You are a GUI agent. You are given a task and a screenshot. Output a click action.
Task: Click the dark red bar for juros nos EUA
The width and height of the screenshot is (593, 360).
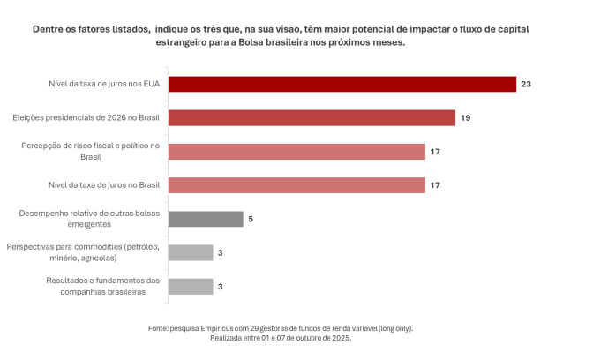pyautogui.click(x=341, y=84)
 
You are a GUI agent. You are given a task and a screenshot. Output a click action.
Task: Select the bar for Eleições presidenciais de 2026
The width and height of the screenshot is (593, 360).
pyautogui.click(x=311, y=117)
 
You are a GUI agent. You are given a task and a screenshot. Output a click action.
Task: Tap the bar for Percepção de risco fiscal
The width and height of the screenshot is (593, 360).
pyautogui.click(x=296, y=152)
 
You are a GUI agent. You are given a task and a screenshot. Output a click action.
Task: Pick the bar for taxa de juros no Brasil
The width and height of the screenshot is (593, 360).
pyautogui.click(x=296, y=185)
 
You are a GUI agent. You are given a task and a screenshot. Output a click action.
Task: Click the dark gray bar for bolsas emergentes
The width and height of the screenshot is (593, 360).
pyautogui.click(x=205, y=219)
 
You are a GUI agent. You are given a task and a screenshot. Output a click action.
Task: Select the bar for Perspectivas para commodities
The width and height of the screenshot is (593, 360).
pyautogui.click(x=190, y=252)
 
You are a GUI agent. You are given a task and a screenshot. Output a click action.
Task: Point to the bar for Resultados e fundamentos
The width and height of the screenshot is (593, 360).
pyautogui.click(x=190, y=286)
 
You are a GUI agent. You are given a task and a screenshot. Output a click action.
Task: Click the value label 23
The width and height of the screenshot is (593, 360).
pyautogui.click(x=527, y=85)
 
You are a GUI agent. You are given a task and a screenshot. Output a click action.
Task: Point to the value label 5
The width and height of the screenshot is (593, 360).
pyautogui.click(x=251, y=220)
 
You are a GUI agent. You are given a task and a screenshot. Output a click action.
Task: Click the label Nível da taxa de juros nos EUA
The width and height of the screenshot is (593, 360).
pyautogui.click(x=104, y=85)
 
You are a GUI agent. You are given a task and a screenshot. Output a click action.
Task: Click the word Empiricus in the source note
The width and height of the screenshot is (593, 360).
pyautogui.click(x=227, y=328)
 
